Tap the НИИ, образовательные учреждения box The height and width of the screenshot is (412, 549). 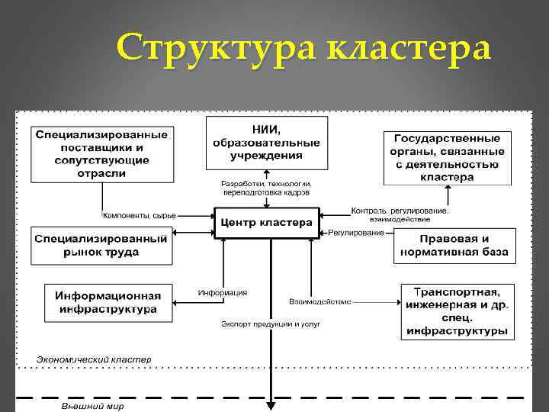[266, 143]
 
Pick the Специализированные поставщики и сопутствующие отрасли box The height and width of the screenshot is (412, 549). [101, 154]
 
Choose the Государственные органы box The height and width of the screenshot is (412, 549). [447, 157]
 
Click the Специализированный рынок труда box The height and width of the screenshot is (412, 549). [101, 245]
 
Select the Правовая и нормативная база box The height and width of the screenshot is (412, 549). [455, 245]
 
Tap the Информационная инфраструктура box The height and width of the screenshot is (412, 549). [108, 302]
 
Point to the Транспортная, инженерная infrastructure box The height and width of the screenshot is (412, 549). [457, 312]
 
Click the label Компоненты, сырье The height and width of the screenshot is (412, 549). [140, 216]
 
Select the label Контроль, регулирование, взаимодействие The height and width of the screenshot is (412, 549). [400, 214]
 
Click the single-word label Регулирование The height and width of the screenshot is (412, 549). [357, 233]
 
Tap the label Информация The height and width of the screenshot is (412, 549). [223, 292]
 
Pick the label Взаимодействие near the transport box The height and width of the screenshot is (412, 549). [320, 301]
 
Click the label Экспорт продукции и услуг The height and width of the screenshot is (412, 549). [271, 323]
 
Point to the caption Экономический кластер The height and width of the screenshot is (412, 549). [95, 359]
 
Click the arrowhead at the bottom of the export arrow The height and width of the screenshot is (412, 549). [271, 407]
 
